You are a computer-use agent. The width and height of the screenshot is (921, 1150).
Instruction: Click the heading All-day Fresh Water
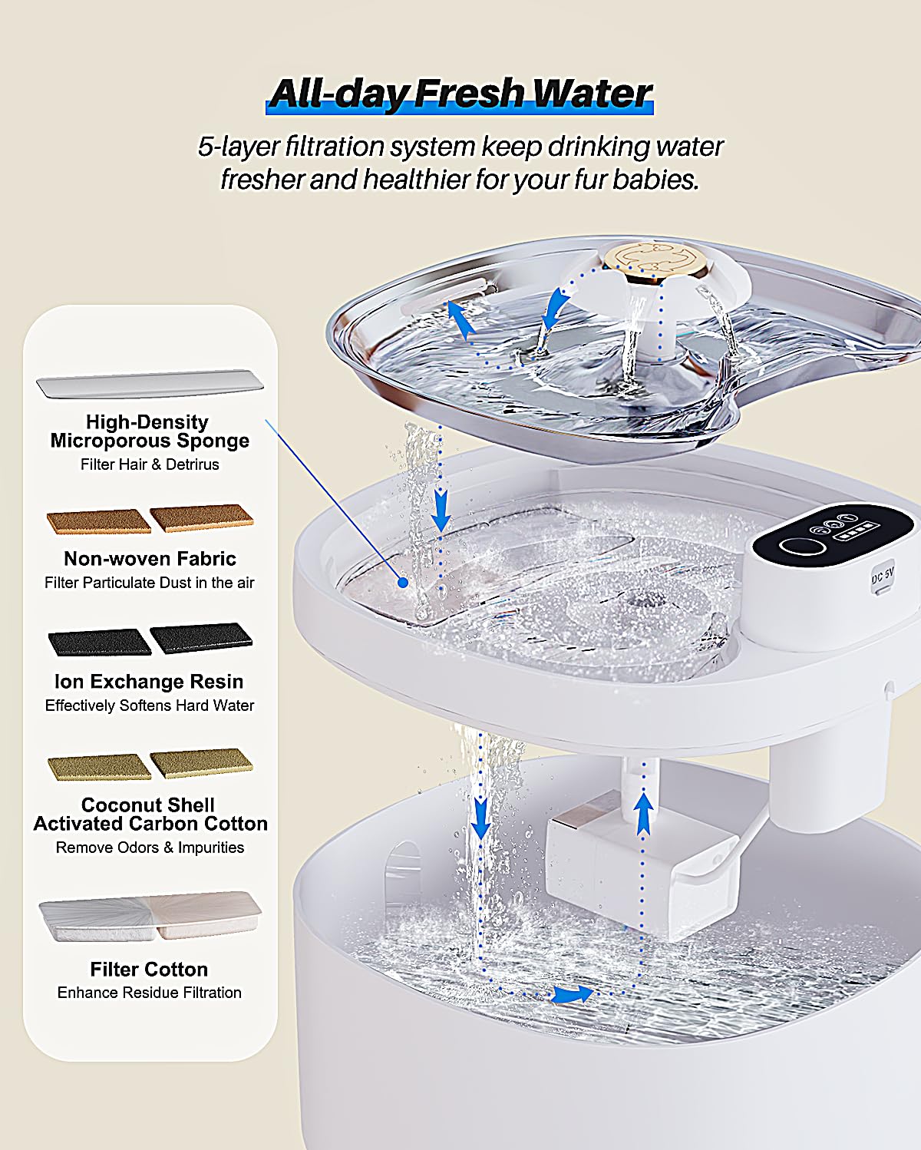click(x=460, y=93)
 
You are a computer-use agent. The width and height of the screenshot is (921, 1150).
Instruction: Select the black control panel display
click(x=831, y=535)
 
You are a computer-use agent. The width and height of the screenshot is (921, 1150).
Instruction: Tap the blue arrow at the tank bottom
click(x=572, y=995)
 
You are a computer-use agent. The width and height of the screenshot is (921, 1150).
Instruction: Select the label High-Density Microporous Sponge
click(x=150, y=431)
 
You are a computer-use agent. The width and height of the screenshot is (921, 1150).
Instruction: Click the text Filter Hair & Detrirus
click(x=150, y=464)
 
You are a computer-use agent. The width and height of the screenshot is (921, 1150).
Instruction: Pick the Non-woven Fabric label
click(x=150, y=558)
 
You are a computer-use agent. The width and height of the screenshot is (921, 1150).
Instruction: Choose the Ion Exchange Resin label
click(x=149, y=682)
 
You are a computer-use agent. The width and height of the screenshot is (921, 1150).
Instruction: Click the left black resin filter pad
click(x=99, y=642)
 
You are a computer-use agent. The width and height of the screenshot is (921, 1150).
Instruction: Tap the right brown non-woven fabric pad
click(x=202, y=517)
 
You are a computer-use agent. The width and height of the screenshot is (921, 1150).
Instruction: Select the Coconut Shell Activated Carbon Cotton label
click(x=150, y=815)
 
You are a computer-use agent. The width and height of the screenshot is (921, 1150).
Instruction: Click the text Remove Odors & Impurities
click(x=150, y=848)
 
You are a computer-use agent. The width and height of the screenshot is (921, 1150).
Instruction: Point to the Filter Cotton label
click(x=149, y=969)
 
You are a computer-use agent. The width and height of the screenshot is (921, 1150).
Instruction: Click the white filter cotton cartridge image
click(x=150, y=917)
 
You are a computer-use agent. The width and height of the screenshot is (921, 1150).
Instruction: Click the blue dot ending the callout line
click(x=402, y=583)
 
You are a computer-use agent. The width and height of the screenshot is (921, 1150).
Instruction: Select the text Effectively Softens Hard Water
click(x=150, y=706)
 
